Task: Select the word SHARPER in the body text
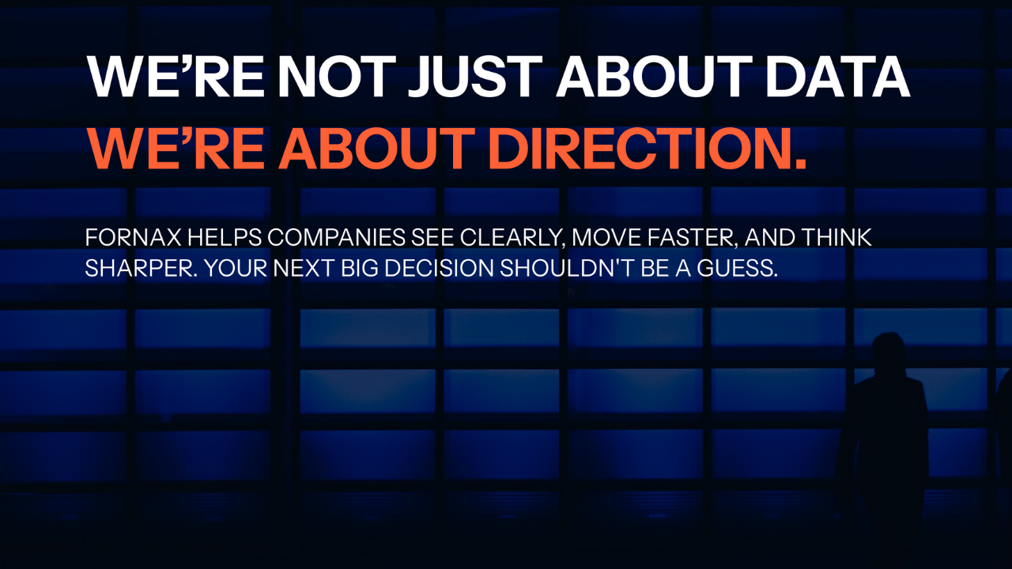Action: [141, 268]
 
